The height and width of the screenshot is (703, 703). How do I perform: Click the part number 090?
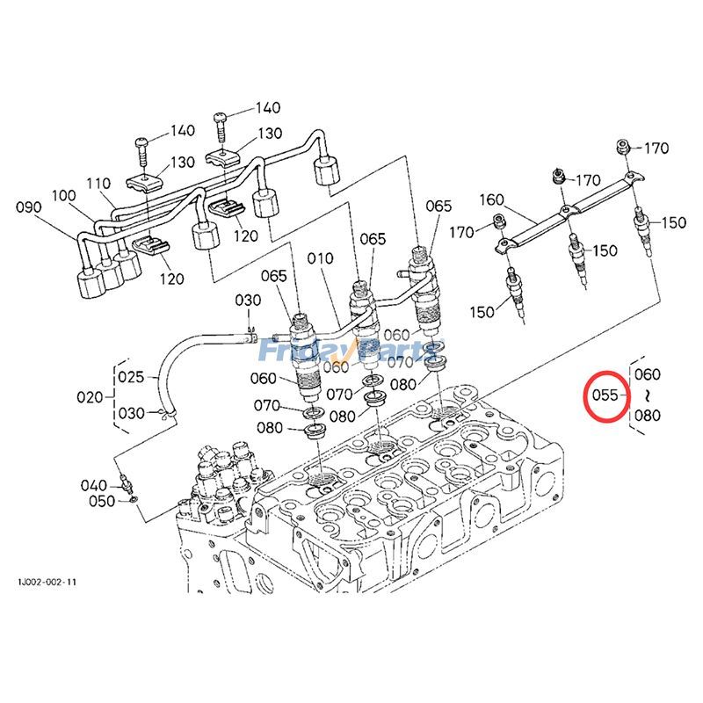click(29, 207)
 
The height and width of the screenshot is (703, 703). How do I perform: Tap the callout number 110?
click(98, 183)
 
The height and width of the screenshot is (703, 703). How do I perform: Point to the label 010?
click(321, 258)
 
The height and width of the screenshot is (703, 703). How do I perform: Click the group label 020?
click(90, 396)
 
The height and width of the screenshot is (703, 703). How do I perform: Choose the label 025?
click(131, 378)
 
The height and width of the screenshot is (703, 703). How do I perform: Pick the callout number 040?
click(93, 485)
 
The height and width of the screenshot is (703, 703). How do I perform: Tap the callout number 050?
click(102, 501)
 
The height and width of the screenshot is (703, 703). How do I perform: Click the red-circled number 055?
click(605, 395)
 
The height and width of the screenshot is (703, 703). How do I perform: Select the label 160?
click(491, 199)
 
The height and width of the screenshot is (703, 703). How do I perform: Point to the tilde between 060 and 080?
click(647, 395)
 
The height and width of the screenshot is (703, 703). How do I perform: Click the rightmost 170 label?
click(656, 148)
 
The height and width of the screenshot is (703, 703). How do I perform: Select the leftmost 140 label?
click(182, 131)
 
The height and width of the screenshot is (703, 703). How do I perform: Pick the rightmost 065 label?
click(439, 207)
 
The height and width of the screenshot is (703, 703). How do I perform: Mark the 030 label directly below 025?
click(131, 413)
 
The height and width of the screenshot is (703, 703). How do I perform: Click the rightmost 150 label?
click(674, 223)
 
